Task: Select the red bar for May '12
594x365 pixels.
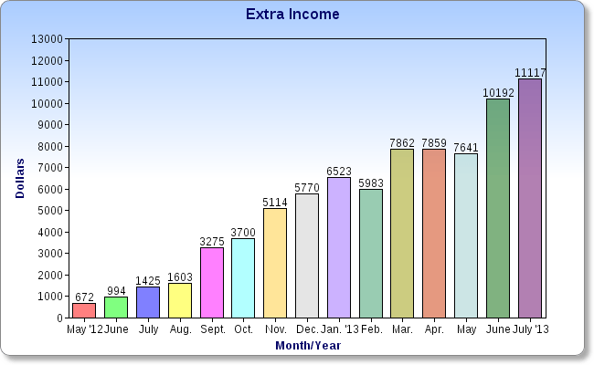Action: point(84,310)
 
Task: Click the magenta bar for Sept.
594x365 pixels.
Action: point(211,283)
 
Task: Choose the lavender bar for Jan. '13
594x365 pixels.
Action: point(339,247)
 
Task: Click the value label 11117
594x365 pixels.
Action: point(530,72)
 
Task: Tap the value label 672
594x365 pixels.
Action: point(84,297)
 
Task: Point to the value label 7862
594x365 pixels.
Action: point(402,142)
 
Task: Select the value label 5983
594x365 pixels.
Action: point(371,182)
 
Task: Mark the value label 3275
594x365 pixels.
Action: point(211,241)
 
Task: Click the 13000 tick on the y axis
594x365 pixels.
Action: point(47,39)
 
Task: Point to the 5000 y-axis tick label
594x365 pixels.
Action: point(49,211)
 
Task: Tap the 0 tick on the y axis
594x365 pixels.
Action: point(58,318)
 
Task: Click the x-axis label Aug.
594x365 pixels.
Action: point(179,328)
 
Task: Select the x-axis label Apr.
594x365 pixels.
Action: point(434,328)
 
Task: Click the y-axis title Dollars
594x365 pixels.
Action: point(20,179)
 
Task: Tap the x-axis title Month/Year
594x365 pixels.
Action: point(307,345)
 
